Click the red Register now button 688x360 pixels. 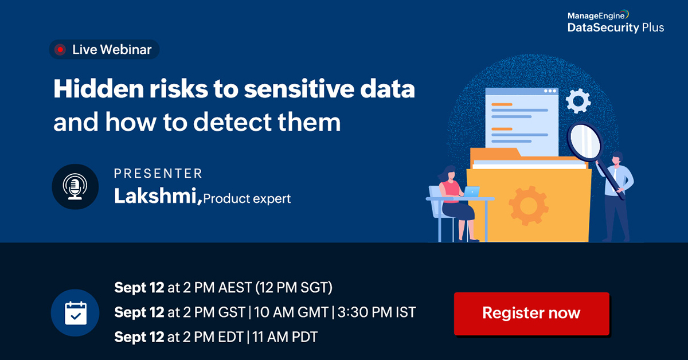coord(531,314)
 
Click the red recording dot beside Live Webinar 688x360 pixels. coord(60,50)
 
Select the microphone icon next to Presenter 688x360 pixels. coord(76,186)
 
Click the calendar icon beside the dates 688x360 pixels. coord(75,312)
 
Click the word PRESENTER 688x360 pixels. coord(158,173)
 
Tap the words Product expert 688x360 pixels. coord(247,199)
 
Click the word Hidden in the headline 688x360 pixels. coord(92,90)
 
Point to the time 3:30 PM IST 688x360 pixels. coord(377,312)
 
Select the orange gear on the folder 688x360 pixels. coord(527,205)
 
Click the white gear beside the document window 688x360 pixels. coord(577,101)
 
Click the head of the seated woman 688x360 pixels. coord(448,171)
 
